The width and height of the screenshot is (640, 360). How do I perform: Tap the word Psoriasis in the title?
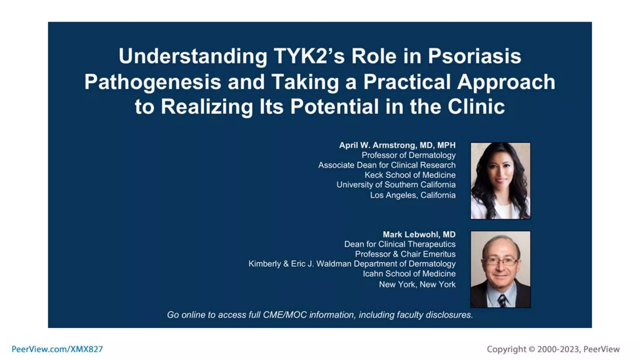[474, 57]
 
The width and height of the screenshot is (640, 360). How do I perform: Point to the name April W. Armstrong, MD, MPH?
[397, 145]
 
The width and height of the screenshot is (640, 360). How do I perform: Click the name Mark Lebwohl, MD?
[419, 234]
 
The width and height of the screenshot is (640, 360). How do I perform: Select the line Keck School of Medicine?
[410, 175]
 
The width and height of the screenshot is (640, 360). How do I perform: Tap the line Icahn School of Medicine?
[409, 274]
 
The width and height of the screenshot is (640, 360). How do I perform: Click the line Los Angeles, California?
[412, 195]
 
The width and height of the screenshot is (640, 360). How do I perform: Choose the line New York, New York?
[417, 284]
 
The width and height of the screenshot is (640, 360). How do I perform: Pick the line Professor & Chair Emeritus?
[405, 254]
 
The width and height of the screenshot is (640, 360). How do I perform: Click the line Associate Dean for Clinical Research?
[387, 165]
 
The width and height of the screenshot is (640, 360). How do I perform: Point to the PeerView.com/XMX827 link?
[57, 349]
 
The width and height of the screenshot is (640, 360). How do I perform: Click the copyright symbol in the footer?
[532, 349]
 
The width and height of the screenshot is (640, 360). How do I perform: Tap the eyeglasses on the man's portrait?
[500, 261]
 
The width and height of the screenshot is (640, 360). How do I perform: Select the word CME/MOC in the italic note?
[285, 315]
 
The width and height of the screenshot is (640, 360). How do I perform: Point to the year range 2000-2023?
[558, 349]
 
